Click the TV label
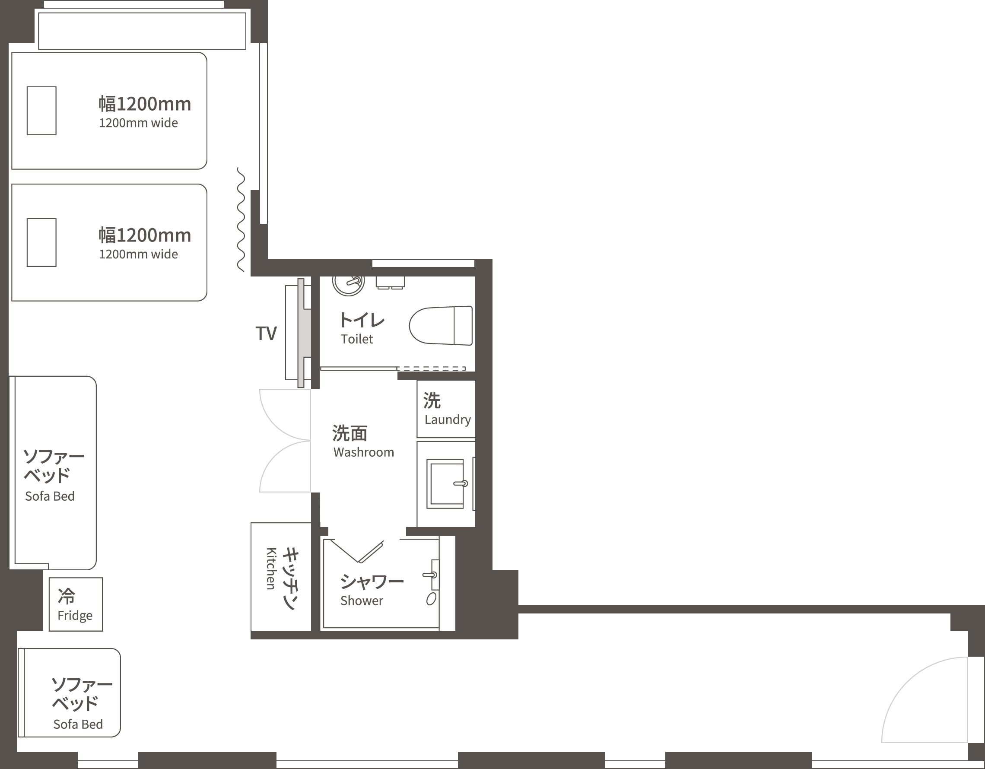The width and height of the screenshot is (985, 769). click(266, 334)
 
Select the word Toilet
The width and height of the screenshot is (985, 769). click(357, 339)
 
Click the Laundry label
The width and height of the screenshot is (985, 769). click(448, 419)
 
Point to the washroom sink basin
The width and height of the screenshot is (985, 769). click(445, 483)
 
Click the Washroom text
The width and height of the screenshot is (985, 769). click(363, 452)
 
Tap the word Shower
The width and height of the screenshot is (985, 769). click(362, 601)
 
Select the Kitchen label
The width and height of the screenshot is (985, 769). click(270, 568)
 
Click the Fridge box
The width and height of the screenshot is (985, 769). click(75, 604)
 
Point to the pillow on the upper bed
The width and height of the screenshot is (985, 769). click(41, 111)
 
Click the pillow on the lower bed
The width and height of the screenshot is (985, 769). click(41, 243)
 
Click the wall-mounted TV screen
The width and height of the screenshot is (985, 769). click(301, 333)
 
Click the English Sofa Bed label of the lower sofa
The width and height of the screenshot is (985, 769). click(78, 725)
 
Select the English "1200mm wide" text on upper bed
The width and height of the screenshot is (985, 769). click(138, 123)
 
